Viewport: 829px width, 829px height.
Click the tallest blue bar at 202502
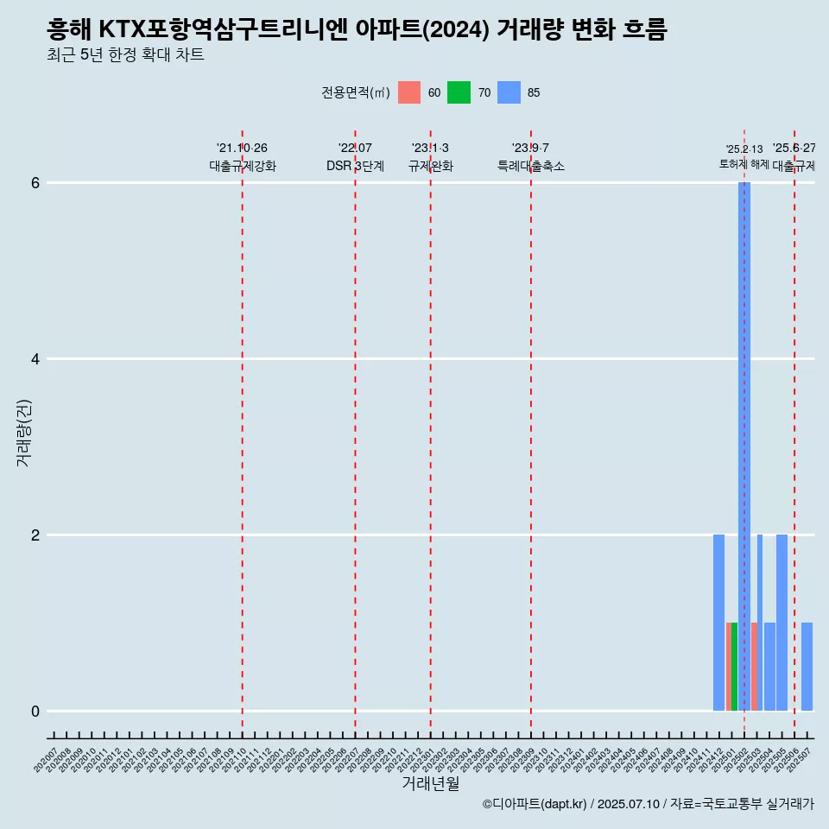[744, 446]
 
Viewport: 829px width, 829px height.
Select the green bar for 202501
[734, 667]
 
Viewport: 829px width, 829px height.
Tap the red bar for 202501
[728, 667]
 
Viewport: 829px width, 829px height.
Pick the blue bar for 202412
[718, 623]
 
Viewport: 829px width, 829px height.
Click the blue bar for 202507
[807, 667]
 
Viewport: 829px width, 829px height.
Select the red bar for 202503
[754, 667]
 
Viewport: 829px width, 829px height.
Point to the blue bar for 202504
[769, 667]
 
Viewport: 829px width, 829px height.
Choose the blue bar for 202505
[782, 623]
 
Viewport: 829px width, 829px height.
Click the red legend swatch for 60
[409, 92]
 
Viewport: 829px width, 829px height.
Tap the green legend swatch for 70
[459, 92]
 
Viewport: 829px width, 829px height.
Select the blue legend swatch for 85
[509, 92]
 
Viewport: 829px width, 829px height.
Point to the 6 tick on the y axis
[36, 183]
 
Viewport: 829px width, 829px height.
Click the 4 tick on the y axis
[36, 359]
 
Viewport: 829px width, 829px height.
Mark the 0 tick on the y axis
[36, 712]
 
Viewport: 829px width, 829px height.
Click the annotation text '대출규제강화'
[243, 167]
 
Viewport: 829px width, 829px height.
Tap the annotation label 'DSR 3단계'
[355, 167]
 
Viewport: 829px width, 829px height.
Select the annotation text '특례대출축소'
[531, 167]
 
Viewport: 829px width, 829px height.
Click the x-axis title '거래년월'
[431, 783]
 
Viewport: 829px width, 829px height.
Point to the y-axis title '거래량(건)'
[24, 432]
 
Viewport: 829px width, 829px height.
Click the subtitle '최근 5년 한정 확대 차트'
[126, 56]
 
